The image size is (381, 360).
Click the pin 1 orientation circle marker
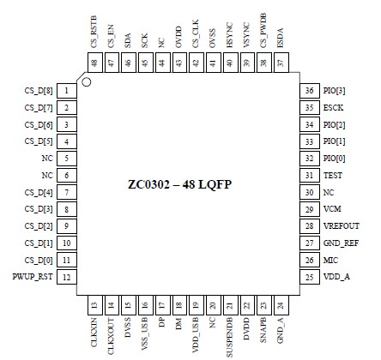pyautogui.click(x=87, y=82)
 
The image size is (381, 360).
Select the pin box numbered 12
pyautogui.click(x=67, y=277)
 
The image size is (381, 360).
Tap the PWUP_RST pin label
pyautogui.click(x=33, y=277)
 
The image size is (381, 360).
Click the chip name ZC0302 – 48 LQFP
pyautogui.click(x=179, y=184)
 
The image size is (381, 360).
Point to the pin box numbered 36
pyautogui.click(x=310, y=91)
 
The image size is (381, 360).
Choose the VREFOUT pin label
pyautogui.click(x=342, y=226)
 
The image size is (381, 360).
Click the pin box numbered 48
pyautogui.click(x=94, y=63)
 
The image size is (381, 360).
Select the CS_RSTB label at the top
pyautogui.click(x=94, y=32)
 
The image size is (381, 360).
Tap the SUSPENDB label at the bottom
pyautogui.click(x=229, y=337)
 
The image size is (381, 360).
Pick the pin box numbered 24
pyautogui.click(x=281, y=305)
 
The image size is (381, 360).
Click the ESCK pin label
pyautogui.click(x=333, y=108)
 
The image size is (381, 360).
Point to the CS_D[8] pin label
pyautogui.click(x=39, y=91)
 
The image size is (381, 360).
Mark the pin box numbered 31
pyautogui.click(x=310, y=176)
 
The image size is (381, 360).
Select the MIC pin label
pyautogui.click(x=330, y=260)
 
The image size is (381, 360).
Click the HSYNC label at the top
pyautogui.click(x=229, y=35)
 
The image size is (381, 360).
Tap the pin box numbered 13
pyautogui.click(x=94, y=305)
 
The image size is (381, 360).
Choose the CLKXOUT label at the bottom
pyautogui.click(x=111, y=336)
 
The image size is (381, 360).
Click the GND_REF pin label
pyautogui.click(x=341, y=243)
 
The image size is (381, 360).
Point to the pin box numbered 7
pyautogui.click(x=67, y=192)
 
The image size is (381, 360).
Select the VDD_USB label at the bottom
pyautogui.click(x=196, y=335)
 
